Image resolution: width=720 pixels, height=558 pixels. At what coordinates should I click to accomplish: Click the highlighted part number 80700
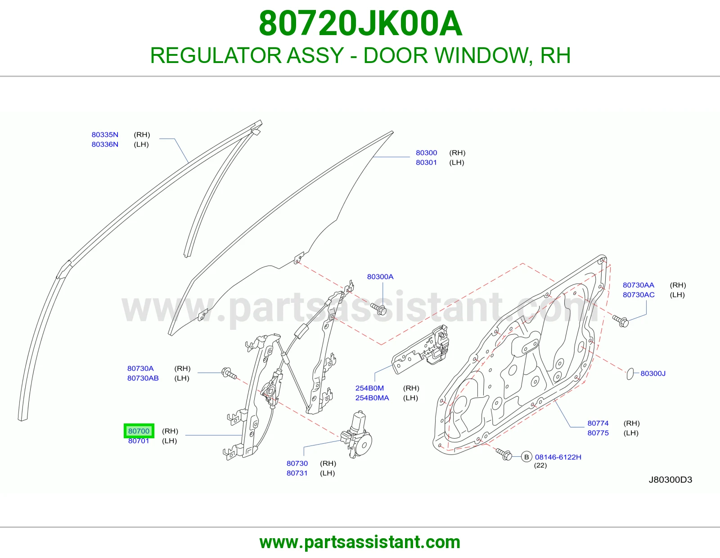pyautogui.click(x=139, y=431)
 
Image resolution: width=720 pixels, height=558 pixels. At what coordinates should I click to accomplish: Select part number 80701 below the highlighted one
pyautogui.click(x=139, y=441)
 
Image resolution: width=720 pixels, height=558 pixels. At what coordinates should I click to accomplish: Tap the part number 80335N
pyautogui.click(x=105, y=135)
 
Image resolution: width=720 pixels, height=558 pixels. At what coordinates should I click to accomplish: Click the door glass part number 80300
pyautogui.click(x=427, y=153)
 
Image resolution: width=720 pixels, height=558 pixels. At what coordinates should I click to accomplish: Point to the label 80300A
pyautogui.click(x=380, y=277)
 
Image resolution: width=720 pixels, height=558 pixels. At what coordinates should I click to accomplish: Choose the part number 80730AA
pyautogui.click(x=639, y=285)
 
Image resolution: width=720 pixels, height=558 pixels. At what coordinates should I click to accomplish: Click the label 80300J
pyautogui.click(x=653, y=373)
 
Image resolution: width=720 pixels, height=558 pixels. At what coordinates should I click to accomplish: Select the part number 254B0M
pyautogui.click(x=369, y=388)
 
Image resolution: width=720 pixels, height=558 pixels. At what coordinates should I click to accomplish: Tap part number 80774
pyautogui.click(x=598, y=423)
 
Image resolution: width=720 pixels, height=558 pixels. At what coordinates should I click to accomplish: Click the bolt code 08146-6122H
pyautogui.click(x=558, y=457)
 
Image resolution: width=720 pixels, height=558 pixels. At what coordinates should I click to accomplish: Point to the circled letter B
pyautogui.click(x=526, y=457)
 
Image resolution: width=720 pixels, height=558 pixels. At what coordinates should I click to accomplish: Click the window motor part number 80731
pyautogui.click(x=297, y=473)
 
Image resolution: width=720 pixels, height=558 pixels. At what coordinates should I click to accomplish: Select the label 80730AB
pyautogui.click(x=143, y=378)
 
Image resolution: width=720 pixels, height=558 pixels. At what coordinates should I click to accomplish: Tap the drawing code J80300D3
pyautogui.click(x=670, y=480)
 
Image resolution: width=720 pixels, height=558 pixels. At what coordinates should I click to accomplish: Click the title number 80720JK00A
pyautogui.click(x=360, y=23)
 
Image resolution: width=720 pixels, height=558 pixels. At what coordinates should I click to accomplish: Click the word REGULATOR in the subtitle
pyautogui.click(x=216, y=55)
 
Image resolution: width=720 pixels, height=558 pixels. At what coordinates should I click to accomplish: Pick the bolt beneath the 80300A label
pyautogui.click(x=379, y=309)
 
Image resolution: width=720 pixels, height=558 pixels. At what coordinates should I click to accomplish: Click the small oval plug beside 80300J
pyautogui.click(x=630, y=374)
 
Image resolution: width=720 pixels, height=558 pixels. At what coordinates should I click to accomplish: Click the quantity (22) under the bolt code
pyautogui.click(x=540, y=465)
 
